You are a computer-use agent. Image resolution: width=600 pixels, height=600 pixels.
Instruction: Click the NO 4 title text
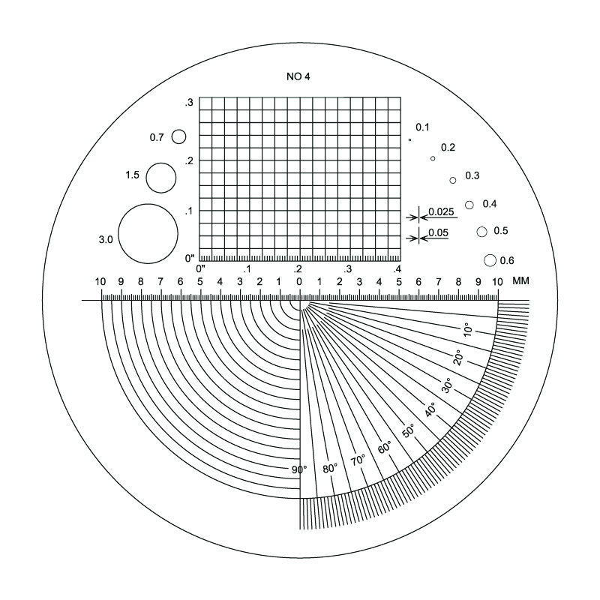298,76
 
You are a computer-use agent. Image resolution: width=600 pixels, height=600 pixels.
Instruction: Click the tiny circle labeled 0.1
409,140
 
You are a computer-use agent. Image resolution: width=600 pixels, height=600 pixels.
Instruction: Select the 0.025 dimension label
441,211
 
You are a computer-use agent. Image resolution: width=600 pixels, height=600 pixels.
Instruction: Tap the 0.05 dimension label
438,232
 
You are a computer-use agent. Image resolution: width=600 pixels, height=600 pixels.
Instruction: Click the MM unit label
520,280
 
